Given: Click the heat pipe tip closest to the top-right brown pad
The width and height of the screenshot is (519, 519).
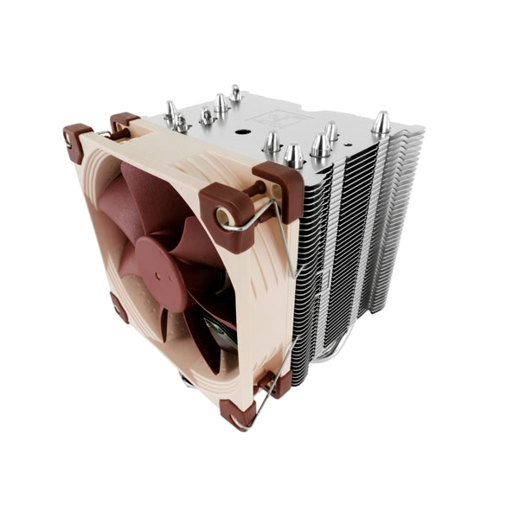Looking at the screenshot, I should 293,156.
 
